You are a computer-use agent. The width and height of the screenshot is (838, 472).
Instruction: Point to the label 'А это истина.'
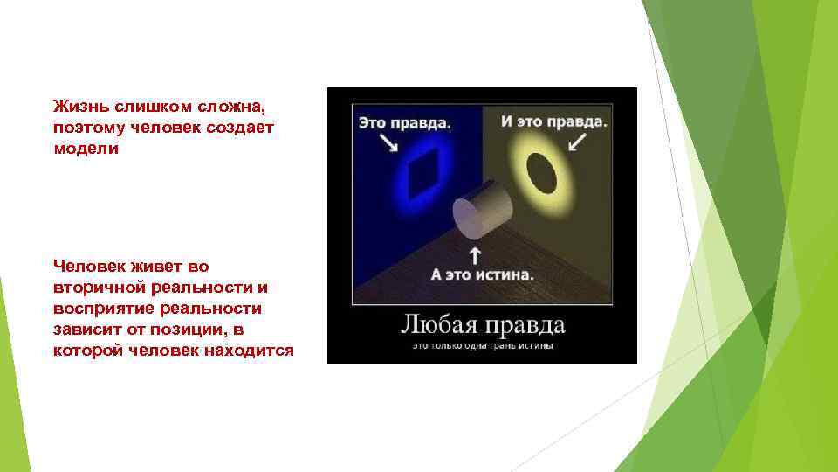click(482, 274)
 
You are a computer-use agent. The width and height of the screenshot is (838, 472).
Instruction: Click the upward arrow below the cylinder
click(476, 255)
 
